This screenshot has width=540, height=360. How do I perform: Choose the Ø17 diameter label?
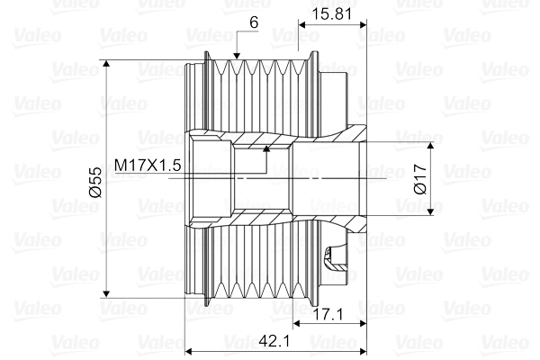click(418, 178)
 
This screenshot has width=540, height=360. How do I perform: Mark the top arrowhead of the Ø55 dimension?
click(107, 66)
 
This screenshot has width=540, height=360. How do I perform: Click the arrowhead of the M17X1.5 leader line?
click(266, 149)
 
